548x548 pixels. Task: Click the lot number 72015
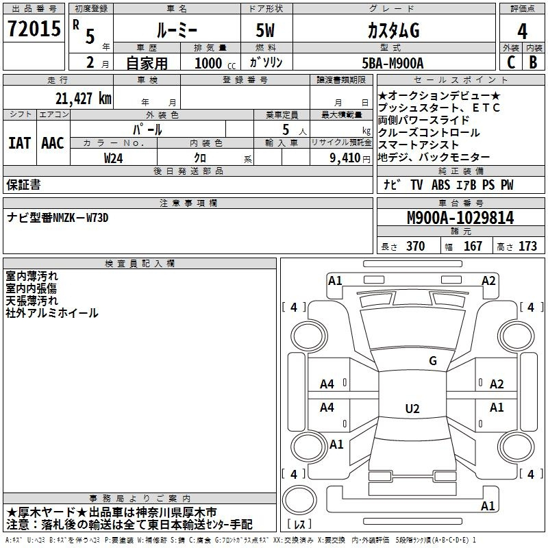click(34, 29)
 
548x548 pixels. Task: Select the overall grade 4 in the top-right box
click(522, 31)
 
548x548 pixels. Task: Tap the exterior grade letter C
click(510, 62)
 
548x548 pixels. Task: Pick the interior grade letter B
click(533, 62)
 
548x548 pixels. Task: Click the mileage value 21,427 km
click(83, 99)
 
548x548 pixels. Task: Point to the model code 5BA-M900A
click(393, 63)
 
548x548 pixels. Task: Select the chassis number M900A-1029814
click(460, 218)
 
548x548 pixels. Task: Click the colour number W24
click(113, 158)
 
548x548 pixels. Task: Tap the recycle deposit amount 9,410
click(345, 158)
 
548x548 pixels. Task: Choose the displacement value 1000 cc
click(215, 63)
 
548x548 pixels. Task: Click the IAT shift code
click(19, 143)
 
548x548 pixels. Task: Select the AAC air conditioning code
click(53, 143)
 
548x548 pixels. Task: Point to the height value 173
click(527, 246)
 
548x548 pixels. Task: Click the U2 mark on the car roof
click(412, 408)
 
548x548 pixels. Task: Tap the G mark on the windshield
click(433, 361)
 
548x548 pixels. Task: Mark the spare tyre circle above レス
click(299, 500)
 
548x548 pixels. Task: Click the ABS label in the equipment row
click(440, 184)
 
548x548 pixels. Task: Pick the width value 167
click(473, 246)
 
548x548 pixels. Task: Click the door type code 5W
click(265, 30)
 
